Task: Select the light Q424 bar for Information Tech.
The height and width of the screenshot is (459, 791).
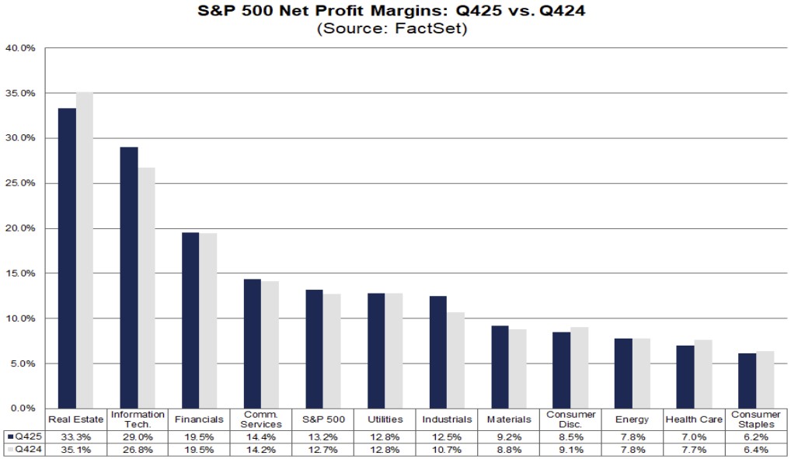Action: tap(146, 287)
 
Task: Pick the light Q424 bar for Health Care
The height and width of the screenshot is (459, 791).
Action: tap(703, 374)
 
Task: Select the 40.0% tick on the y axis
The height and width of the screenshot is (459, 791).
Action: tap(20, 48)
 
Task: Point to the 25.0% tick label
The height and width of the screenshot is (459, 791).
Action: tap(20, 183)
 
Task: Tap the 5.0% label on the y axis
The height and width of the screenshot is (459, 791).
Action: tap(23, 363)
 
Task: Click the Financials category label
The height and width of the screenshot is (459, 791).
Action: tap(200, 419)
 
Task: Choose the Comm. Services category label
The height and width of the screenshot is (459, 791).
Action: tap(261, 419)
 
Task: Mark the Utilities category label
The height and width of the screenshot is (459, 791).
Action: tap(385, 419)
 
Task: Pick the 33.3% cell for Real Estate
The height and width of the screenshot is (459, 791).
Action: tap(76, 437)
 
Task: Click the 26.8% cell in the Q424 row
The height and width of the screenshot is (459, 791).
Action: tap(138, 450)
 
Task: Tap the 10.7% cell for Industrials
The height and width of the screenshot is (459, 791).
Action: tap(447, 450)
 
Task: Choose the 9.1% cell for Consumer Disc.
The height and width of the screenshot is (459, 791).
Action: tap(570, 450)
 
